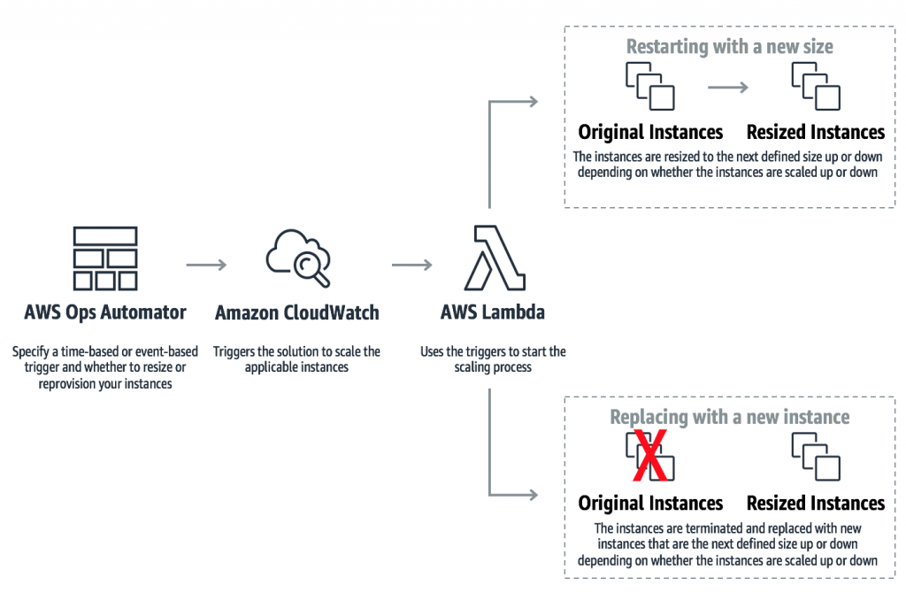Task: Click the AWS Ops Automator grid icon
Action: (105, 258)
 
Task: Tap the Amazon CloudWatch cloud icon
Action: (298, 258)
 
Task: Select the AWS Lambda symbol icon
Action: (493, 258)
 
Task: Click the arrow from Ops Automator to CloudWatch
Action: (206, 265)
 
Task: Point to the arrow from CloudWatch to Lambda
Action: (411, 265)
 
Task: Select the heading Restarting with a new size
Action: (729, 47)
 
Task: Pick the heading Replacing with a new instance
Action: (729, 417)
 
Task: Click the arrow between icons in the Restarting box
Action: (728, 87)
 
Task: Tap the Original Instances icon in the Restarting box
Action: (650, 87)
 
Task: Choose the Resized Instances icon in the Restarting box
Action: (816, 87)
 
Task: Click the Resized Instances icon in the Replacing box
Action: (816, 457)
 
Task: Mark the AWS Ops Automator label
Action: (105, 312)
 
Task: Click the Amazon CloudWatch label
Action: (297, 312)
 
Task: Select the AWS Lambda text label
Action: (493, 312)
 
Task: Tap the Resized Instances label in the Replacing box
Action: (816, 504)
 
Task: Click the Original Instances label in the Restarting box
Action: (650, 133)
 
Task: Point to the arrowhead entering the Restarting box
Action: (533, 102)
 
